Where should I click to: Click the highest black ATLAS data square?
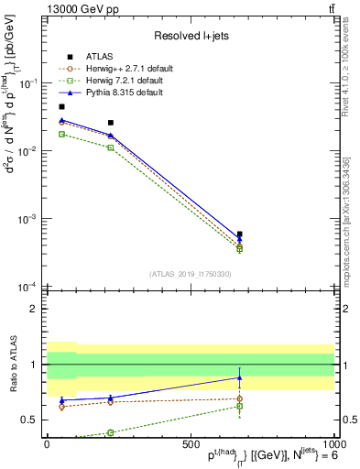[61, 107]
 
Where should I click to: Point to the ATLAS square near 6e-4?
[239, 234]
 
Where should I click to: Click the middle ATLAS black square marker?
[111, 123]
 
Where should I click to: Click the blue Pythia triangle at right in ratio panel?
[239, 377]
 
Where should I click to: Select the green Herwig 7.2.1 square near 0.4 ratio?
[111, 432]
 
